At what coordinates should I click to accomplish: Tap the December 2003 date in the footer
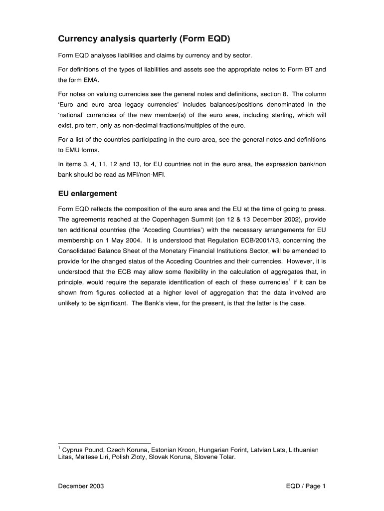(x=81, y=486)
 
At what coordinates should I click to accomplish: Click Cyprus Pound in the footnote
(x=81, y=450)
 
